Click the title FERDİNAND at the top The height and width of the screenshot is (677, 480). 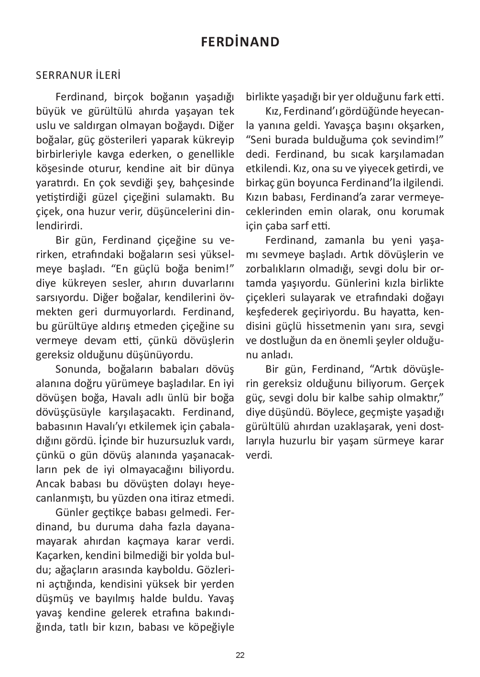pyautogui.click(x=240, y=42)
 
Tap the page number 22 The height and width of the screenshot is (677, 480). pyautogui.click(x=240, y=655)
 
